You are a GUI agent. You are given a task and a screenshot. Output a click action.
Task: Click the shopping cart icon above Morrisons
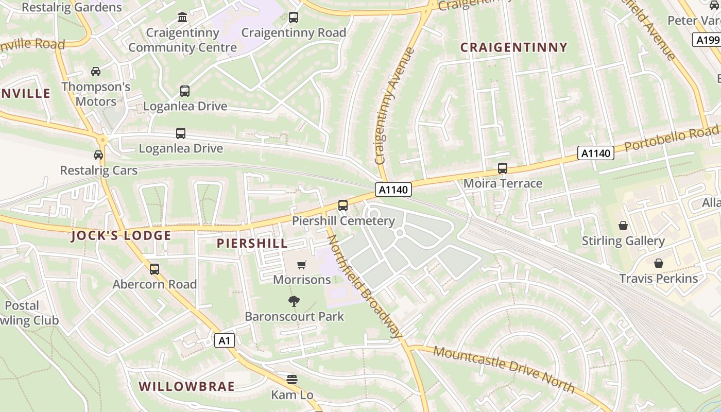point(302,265)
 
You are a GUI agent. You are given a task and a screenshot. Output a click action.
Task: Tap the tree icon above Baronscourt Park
point(294,301)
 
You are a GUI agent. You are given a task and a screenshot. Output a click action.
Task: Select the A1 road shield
point(225,340)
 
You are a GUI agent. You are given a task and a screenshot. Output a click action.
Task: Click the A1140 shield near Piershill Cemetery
point(393,190)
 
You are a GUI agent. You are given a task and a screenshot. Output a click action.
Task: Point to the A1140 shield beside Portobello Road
point(595,153)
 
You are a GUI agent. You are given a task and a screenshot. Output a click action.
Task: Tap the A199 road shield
point(707,40)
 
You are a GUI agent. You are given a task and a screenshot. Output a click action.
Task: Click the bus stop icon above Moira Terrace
point(502,168)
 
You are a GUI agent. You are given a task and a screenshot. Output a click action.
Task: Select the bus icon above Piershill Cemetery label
point(343,205)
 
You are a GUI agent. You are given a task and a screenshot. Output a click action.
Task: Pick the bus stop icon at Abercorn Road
point(154,269)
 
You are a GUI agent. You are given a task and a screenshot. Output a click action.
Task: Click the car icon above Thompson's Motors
point(96,71)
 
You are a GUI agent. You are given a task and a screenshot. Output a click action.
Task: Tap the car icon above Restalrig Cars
point(98,154)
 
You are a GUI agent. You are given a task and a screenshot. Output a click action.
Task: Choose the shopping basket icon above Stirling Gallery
point(623,226)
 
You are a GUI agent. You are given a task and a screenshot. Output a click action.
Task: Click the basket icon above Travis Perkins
point(658,263)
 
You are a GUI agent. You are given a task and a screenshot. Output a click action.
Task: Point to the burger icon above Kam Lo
point(292,380)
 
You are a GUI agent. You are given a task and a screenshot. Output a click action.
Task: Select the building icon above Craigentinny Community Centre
point(182,18)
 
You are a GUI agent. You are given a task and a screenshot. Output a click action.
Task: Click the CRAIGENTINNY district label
point(513,48)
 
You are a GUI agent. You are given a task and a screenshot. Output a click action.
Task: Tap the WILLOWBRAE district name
point(186,386)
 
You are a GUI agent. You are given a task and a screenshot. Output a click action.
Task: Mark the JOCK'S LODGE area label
point(121,236)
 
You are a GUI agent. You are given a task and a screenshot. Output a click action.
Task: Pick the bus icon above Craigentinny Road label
point(294,18)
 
